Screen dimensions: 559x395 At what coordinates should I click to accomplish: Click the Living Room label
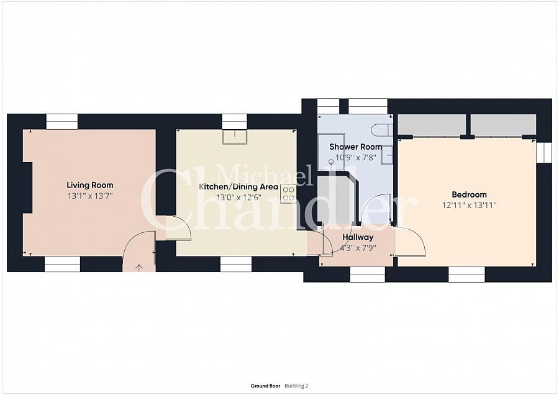pos(90,185)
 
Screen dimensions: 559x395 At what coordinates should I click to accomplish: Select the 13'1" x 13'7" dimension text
pos(90,196)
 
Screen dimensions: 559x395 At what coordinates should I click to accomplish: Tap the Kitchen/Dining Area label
pos(238,187)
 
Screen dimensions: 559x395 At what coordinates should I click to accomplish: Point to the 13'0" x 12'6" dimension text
pos(239,197)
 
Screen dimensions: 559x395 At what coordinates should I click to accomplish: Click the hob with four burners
pos(288,194)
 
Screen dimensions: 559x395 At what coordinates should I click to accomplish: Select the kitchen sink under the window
pos(235,137)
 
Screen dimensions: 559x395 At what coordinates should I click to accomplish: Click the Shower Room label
pos(355,147)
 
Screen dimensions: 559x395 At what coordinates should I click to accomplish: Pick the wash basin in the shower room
pos(387,155)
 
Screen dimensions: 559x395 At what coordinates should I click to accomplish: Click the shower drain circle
pos(331,161)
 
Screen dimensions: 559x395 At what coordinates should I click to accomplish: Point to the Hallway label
pos(358,237)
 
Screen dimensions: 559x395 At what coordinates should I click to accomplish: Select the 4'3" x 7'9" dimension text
pos(358,248)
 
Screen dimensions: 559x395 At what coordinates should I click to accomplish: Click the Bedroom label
pos(469,194)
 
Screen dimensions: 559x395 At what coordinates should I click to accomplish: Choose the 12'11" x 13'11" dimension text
pos(469,206)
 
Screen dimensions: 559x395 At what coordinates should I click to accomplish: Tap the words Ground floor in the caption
pos(266,386)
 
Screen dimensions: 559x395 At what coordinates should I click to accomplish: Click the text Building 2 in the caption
pos(296,386)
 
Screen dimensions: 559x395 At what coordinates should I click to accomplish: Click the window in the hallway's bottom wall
pos(368,275)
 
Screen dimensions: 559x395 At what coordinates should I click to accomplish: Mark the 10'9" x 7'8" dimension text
pos(356,158)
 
